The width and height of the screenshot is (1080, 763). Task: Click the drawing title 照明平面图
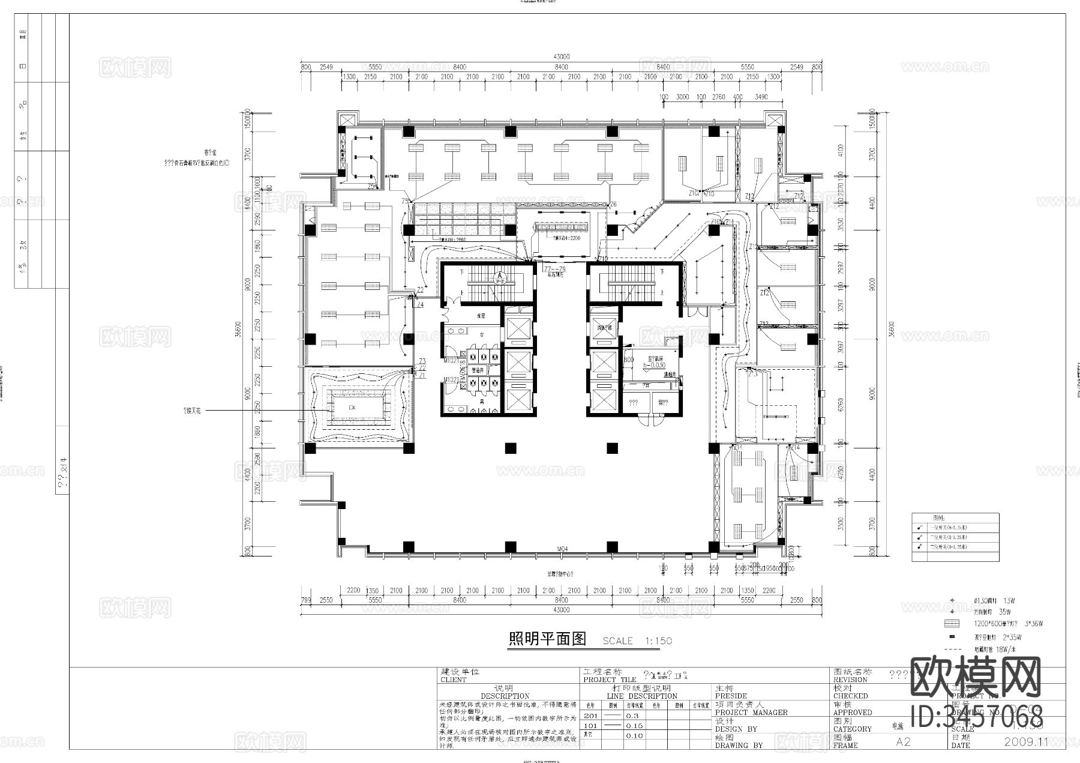tap(547, 639)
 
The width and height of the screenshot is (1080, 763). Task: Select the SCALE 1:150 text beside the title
tap(637, 641)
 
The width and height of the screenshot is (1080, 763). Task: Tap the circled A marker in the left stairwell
tap(499, 278)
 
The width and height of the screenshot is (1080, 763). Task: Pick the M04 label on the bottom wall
tap(562, 549)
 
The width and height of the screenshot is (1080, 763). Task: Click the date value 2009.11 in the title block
tap(1026, 741)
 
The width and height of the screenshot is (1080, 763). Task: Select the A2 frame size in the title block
tap(903, 742)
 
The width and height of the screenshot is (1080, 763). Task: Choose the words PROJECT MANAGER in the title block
tap(751, 713)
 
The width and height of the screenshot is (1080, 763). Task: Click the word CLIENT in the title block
tap(454, 680)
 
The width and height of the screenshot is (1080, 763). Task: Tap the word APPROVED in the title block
tap(853, 713)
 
